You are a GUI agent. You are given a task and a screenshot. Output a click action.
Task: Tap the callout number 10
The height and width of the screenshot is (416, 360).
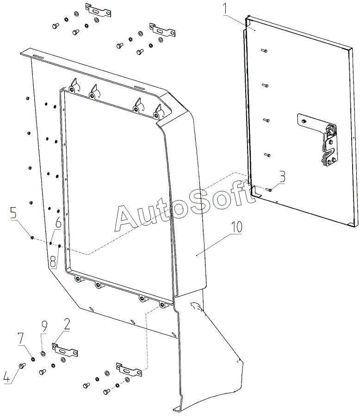point(236,227)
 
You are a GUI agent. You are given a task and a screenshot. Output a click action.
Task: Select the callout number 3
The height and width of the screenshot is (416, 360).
point(282,177)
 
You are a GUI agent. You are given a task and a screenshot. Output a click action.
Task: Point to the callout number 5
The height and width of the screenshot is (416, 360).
point(6,377)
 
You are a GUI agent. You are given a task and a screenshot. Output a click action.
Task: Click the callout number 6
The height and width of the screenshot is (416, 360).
point(13,213)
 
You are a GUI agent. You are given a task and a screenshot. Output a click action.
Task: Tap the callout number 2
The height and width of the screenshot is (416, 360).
point(53,262)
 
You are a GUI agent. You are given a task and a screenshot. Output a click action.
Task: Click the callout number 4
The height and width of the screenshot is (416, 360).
point(67,324)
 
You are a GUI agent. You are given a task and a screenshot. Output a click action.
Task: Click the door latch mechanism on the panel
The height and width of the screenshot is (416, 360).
point(329,146)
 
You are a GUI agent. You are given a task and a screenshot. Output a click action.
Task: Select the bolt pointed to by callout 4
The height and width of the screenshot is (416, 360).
point(22,366)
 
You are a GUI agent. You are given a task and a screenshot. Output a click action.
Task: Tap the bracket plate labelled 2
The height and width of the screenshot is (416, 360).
point(65,351)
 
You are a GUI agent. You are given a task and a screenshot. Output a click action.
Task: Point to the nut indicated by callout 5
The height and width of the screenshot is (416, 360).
point(32,238)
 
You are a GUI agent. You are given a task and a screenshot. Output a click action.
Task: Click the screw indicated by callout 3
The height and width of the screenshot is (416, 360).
point(269,190)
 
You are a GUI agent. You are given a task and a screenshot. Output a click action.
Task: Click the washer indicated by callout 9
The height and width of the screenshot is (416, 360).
point(43,354)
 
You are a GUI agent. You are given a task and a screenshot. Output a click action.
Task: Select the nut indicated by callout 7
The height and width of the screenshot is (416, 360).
point(33,359)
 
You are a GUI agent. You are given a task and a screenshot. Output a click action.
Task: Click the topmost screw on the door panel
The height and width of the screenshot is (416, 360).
point(264,50)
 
